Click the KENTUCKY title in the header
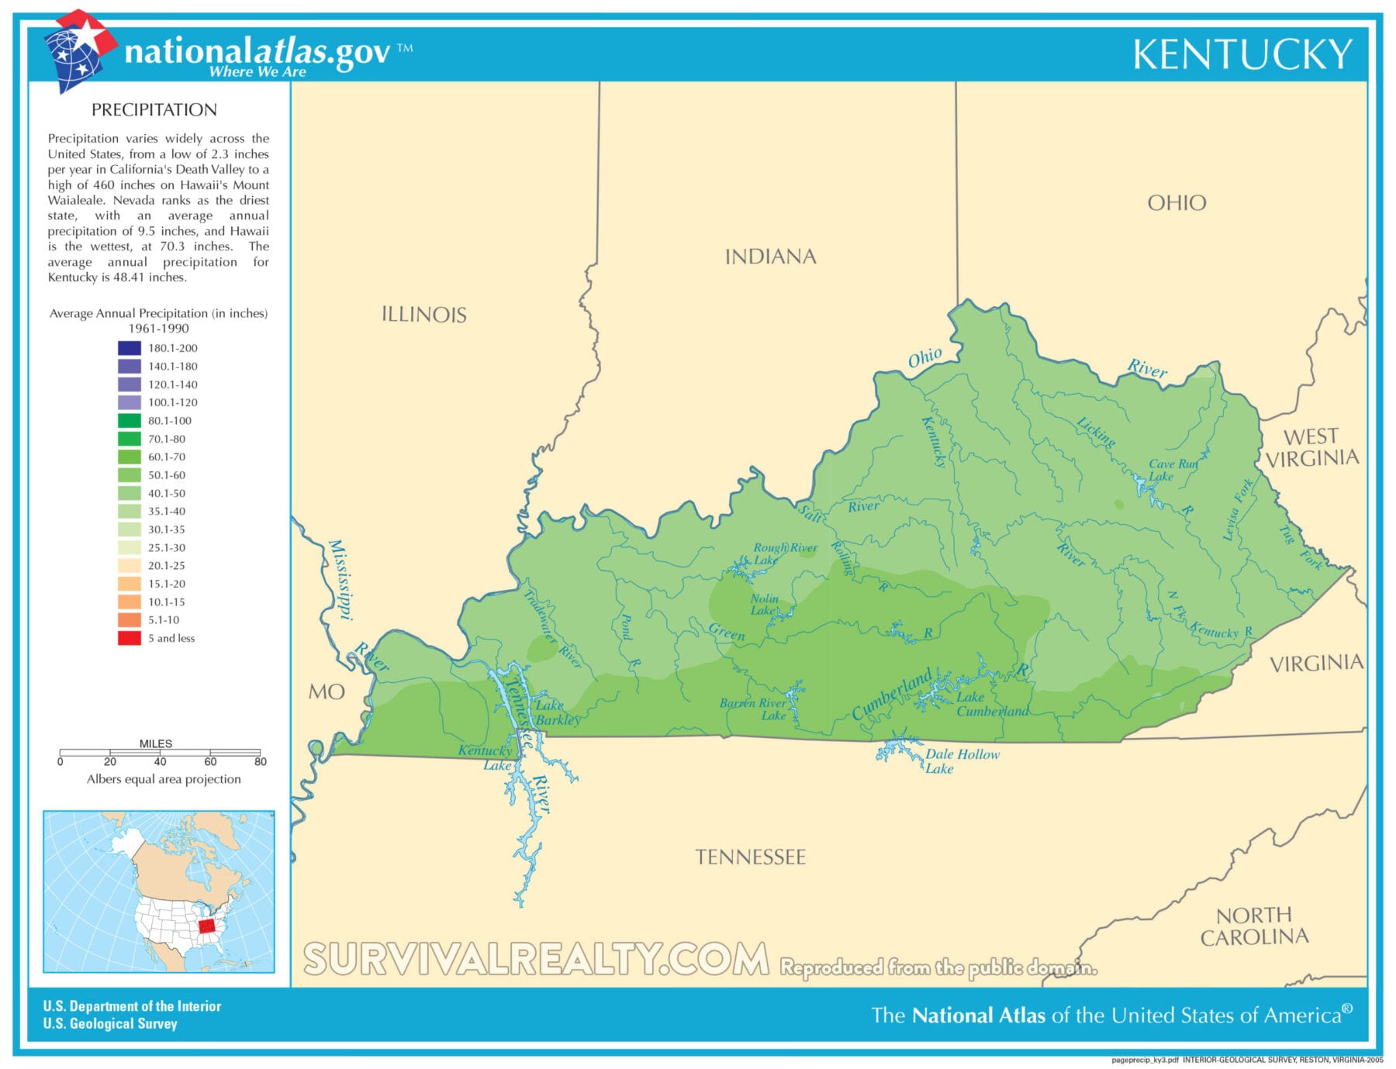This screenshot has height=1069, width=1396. point(1242,54)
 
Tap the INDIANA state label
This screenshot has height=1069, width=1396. point(770,257)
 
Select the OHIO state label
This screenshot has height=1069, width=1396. point(1177,203)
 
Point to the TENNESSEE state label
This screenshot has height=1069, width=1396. point(750,857)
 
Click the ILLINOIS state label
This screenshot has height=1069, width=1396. point(424,315)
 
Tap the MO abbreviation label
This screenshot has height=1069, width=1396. point(327,691)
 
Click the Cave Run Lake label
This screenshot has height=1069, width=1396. point(1171,470)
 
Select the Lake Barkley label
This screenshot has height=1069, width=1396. point(556,712)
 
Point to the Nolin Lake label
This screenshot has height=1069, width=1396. point(764,604)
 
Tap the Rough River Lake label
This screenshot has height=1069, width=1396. point(783,553)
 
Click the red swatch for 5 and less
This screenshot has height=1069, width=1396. point(130,638)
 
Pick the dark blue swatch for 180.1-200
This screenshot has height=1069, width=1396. point(130,348)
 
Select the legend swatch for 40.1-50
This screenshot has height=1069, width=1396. point(130,493)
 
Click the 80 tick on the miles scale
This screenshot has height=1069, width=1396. point(260,761)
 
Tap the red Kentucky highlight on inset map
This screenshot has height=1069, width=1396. point(206,926)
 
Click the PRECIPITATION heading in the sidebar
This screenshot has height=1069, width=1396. point(154,110)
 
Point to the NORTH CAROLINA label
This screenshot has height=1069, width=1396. point(1254,926)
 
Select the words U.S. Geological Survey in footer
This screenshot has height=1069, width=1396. point(110,1023)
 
